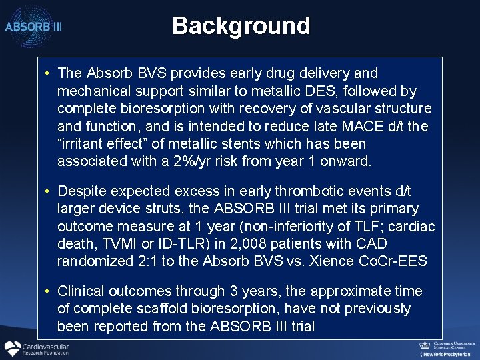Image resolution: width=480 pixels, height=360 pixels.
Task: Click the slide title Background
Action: [241, 26]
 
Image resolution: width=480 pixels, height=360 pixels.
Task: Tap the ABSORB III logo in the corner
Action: [33, 27]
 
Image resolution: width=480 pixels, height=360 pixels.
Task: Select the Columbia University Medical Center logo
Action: [446, 346]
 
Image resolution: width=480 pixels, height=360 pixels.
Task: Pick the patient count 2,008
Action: [249, 244]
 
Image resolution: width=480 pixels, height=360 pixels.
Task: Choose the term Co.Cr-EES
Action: [393, 261]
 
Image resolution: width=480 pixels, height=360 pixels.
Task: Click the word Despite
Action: [83, 192]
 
